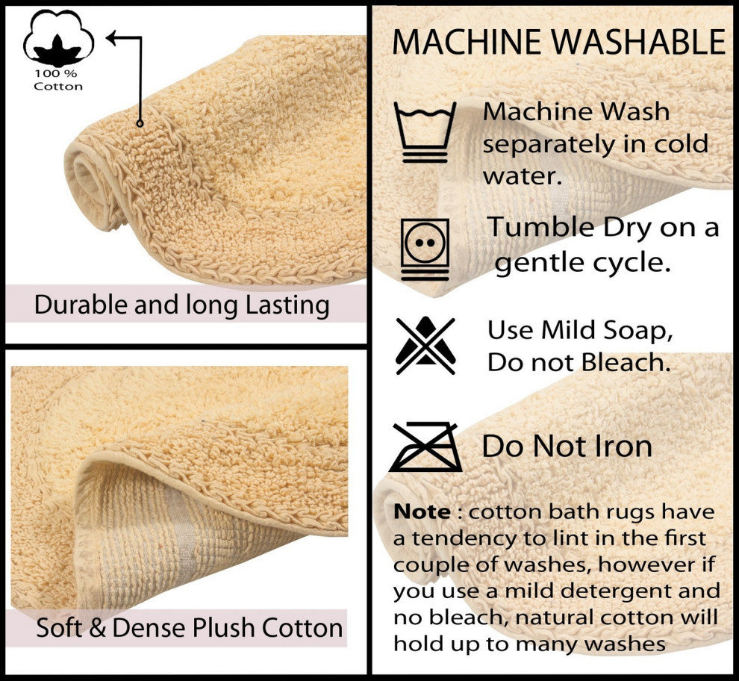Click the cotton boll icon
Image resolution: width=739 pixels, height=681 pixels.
(58, 39)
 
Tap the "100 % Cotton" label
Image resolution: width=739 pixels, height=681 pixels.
(58, 80)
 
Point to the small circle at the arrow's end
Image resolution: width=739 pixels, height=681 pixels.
(140, 123)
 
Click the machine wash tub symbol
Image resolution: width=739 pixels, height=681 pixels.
(425, 132)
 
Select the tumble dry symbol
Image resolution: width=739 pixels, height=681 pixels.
(425, 249)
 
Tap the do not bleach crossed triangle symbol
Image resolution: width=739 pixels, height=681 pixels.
(425, 345)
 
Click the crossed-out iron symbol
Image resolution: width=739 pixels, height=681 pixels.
(425, 447)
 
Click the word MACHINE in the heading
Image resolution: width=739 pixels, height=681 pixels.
(467, 42)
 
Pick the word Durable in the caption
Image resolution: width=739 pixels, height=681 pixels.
(81, 305)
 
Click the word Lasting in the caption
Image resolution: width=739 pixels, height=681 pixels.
(287, 305)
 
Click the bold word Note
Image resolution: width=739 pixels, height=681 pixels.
(422, 511)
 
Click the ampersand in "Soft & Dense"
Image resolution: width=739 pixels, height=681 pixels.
(97, 628)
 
